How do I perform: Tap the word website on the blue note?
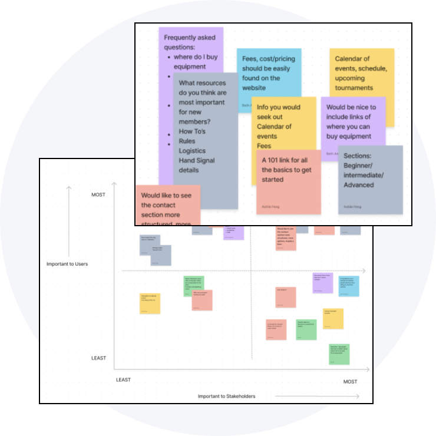(x=254, y=88)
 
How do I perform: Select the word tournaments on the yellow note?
(x=354, y=88)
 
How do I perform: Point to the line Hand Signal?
(x=197, y=161)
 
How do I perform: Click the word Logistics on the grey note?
(x=192, y=151)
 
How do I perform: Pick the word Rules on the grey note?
(x=187, y=141)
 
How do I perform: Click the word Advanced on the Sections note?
(x=359, y=185)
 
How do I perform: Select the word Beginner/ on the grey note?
(x=361, y=166)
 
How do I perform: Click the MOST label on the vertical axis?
(x=98, y=195)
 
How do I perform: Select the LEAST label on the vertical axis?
(x=98, y=358)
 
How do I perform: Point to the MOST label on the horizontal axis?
(x=350, y=382)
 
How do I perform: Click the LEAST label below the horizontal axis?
(x=123, y=380)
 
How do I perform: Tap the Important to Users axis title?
(x=67, y=264)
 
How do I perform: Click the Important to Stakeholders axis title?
(x=226, y=396)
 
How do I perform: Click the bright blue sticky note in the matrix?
(x=348, y=286)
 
